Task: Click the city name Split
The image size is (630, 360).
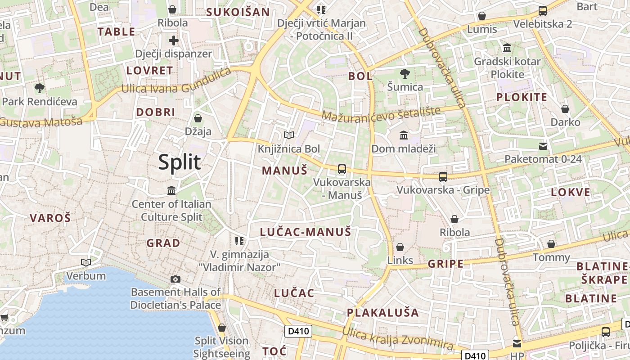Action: [x=179, y=162]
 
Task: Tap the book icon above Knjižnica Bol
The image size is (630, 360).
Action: [x=289, y=135]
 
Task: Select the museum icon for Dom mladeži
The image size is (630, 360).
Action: [x=404, y=135]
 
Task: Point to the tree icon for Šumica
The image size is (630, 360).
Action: [x=405, y=73]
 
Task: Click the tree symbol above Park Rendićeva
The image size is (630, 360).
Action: [x=40, y=88]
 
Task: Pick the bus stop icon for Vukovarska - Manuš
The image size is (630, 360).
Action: [x=342, y=169]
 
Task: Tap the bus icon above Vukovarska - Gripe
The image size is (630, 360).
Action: [x=443, y=177]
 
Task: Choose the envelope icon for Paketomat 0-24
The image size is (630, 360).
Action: [x=543, y=146]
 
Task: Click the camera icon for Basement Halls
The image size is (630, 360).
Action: [x=175, y=279]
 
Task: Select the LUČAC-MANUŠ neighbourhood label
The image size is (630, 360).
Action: [x=305, y=232]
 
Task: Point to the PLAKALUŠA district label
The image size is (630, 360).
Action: [x=382, y=312]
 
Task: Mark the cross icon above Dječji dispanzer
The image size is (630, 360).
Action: [x=174, y=40]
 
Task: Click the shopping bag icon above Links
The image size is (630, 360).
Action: [x=400, y=247]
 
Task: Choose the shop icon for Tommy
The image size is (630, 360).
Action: [x=551, y=244]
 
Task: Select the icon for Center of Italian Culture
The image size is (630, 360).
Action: [x=171, y=191]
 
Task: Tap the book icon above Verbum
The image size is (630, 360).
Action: [x=85, y=262]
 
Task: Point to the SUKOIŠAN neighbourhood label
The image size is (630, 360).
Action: [x=238, y=12]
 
